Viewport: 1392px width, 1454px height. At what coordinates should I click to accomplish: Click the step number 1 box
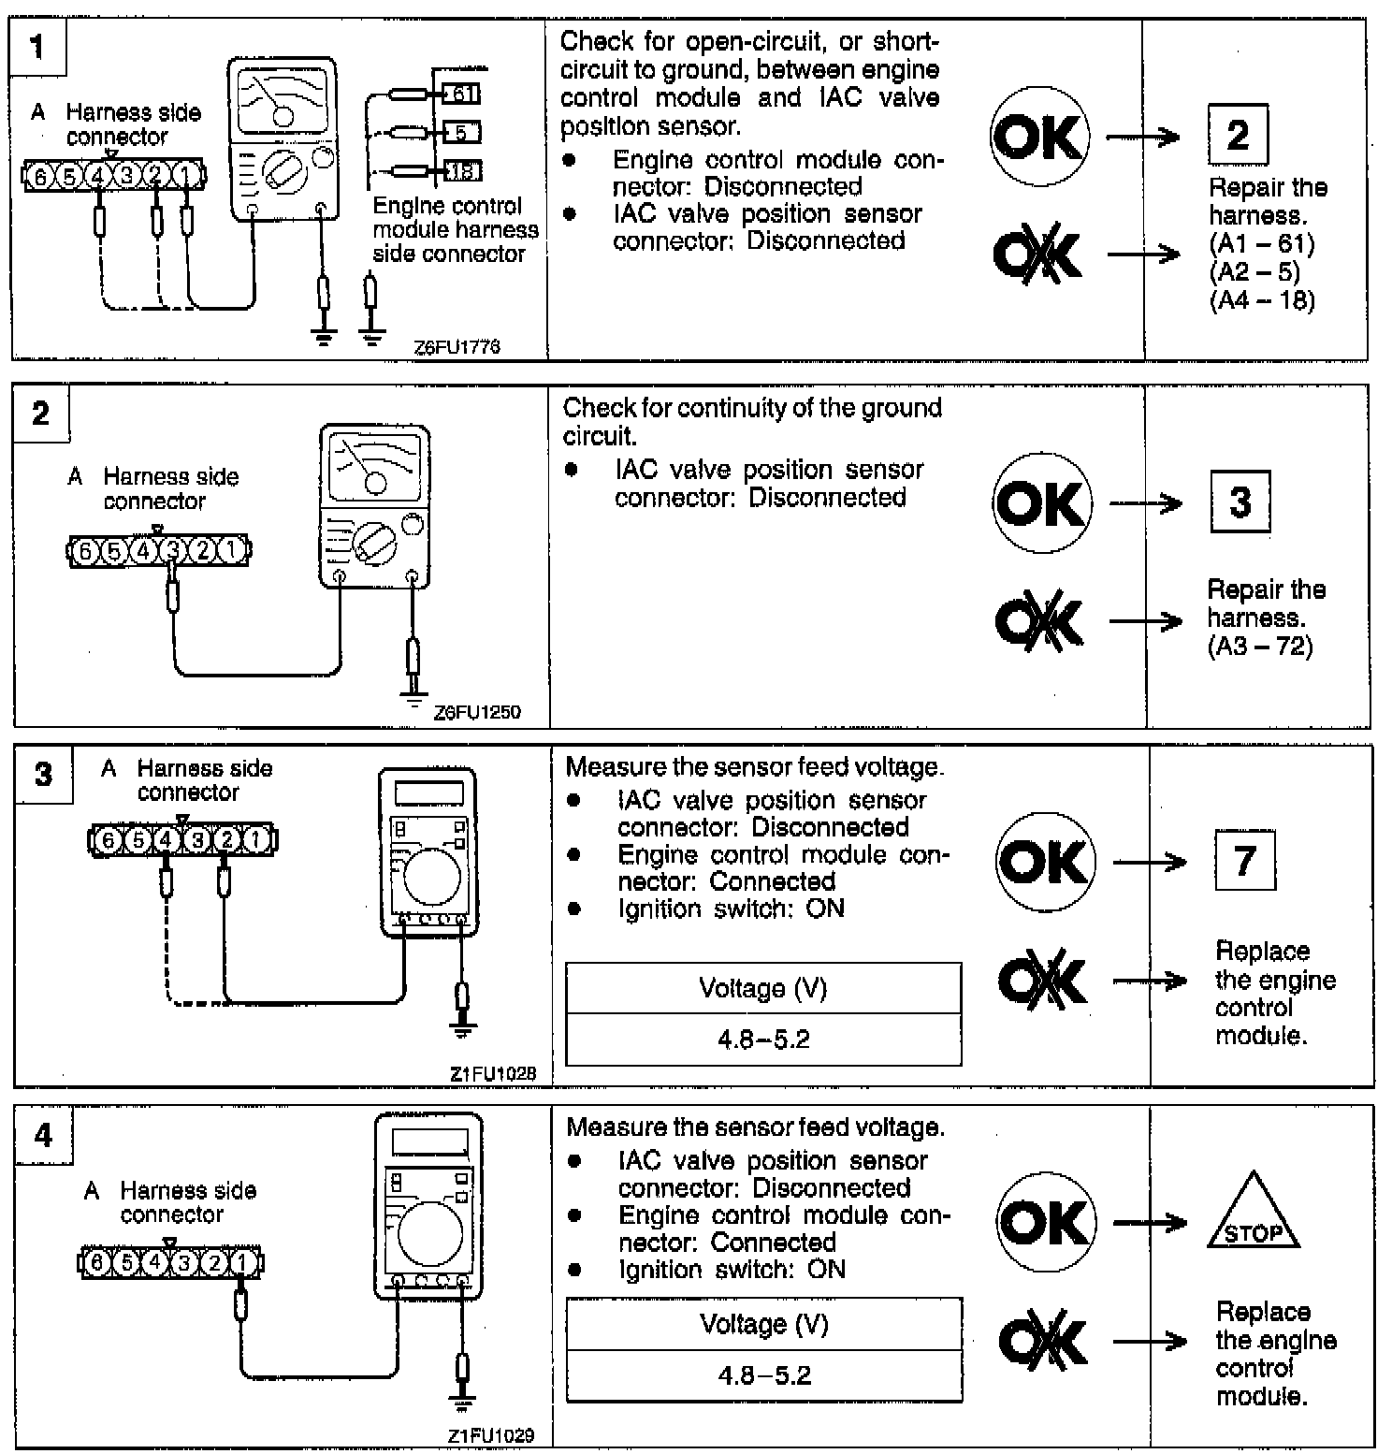pos(38,47)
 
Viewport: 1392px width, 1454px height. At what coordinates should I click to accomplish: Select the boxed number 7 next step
pos(1244,860)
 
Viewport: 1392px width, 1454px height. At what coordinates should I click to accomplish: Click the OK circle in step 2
pos(1041,503)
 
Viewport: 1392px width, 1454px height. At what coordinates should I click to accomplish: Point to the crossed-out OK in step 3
pos(1042,981)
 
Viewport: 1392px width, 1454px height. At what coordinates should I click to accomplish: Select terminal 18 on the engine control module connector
pos(460,170)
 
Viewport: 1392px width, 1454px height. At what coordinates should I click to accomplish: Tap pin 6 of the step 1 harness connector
pos(39,175)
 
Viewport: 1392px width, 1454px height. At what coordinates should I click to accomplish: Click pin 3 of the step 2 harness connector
pos(172,550)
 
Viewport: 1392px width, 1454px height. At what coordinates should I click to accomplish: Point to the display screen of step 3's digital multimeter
pos(428,792)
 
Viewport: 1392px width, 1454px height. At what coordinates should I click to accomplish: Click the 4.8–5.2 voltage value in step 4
pos(763,1375)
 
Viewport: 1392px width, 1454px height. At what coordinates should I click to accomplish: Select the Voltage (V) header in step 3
pos(762,988)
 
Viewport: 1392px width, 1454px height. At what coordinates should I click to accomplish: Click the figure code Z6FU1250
pos(477,712)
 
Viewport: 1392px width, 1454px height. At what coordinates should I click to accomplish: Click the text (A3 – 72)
pos(1260,646)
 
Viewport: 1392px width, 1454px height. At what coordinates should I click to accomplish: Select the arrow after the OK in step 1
pos(1143,138)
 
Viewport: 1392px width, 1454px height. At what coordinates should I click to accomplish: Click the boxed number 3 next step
pos(1240,502)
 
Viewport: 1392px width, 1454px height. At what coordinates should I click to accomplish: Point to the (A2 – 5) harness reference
pos(1254,272)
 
